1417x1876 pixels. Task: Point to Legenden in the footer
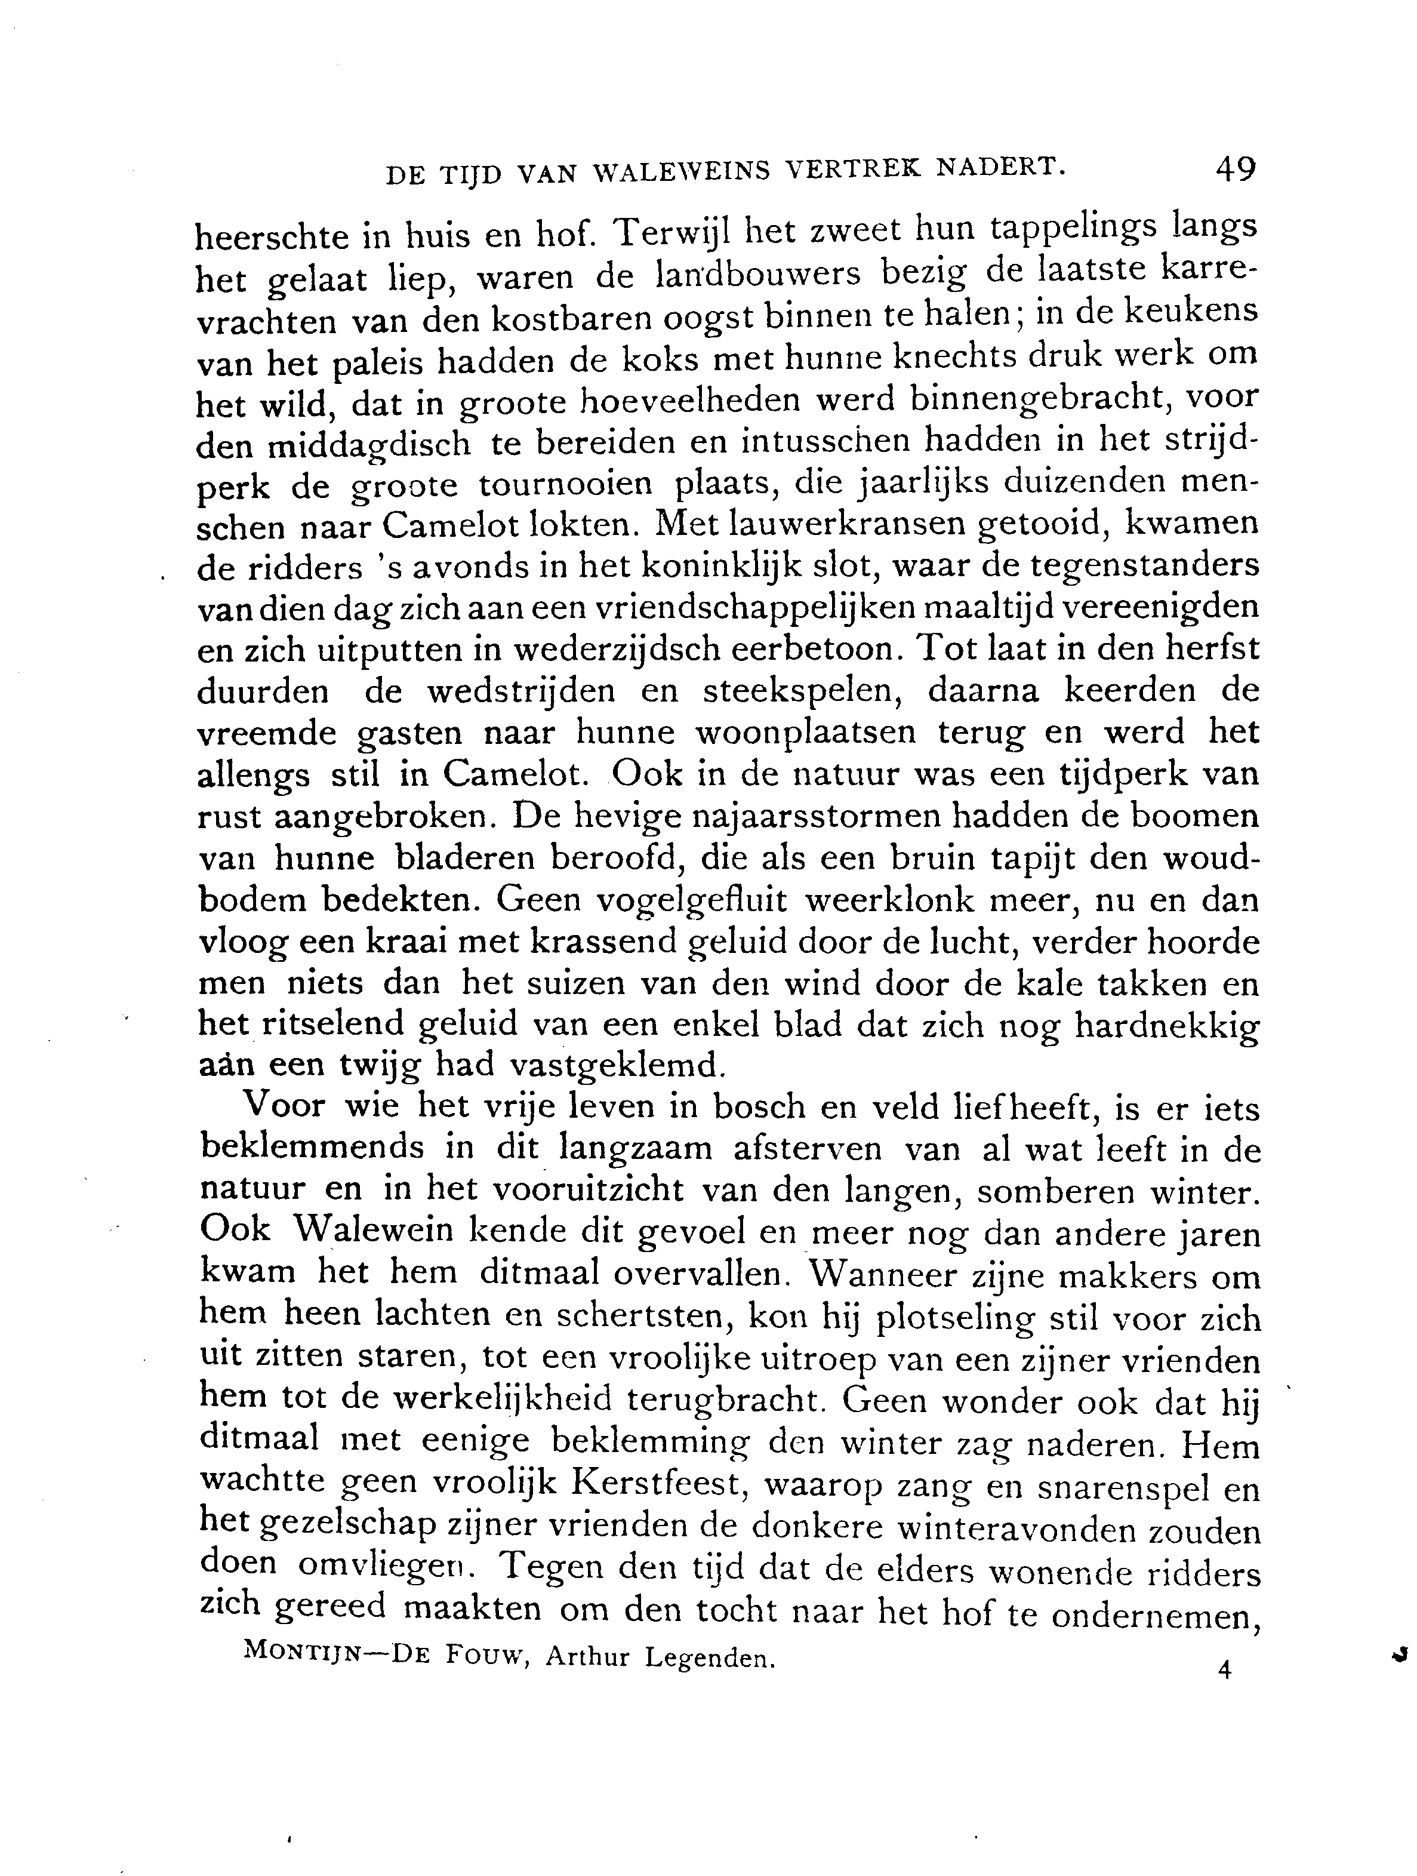click(709, 1658)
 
